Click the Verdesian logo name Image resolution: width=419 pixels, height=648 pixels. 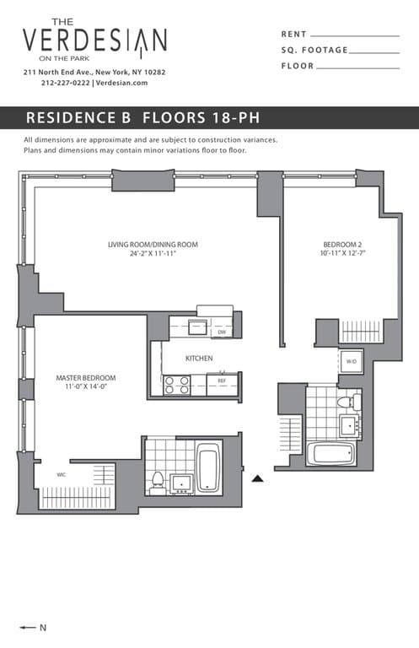tap(94, 40)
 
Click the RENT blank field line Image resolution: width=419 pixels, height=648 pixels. tap(355, 36)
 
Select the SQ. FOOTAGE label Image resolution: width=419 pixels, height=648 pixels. tap(314, 51)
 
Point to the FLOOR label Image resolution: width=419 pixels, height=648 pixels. tap(298, 66)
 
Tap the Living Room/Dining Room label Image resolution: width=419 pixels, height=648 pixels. tap(153, 245)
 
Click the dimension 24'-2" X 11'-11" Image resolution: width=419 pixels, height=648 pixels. tap(153, 254)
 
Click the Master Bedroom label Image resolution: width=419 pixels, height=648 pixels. tap(86, 377)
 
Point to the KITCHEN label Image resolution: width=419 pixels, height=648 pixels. tap(199, 359)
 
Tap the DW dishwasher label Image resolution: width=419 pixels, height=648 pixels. tap(222, 332)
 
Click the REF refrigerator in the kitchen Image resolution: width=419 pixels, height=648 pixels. tap(222, 381)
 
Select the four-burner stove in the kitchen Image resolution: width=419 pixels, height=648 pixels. tap(176, 385)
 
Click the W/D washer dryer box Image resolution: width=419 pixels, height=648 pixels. tap(352, 362)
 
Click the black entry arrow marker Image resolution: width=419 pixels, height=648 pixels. tap(259, 478)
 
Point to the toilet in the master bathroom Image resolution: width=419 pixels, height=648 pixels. tap(157, 482)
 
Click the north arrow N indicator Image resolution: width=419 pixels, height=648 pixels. tap(33, 627)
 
